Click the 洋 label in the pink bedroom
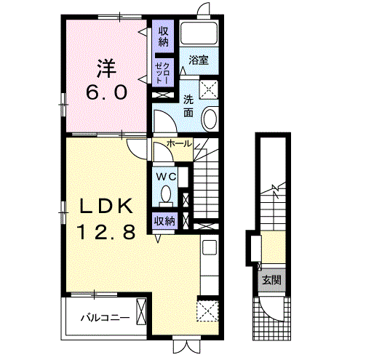coord(107,68)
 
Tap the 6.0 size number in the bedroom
coord(107,92)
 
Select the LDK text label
coord(106,206)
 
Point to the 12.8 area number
coord(106,232)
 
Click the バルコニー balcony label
coord(106,318)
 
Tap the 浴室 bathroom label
coord(199,60)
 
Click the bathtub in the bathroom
coord(199,33)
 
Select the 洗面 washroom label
coord(188,105)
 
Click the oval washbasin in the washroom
coord(210,119)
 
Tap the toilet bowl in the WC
coord(166,194)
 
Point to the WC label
coord(166,177)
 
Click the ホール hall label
coord(179,144)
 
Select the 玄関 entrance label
coord(271,280)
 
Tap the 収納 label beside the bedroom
coord(164,36)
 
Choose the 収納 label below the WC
coord(164,221)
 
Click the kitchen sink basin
coord(210,247)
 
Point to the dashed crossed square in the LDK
coord(207,311)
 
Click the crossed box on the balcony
coord(142,311)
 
